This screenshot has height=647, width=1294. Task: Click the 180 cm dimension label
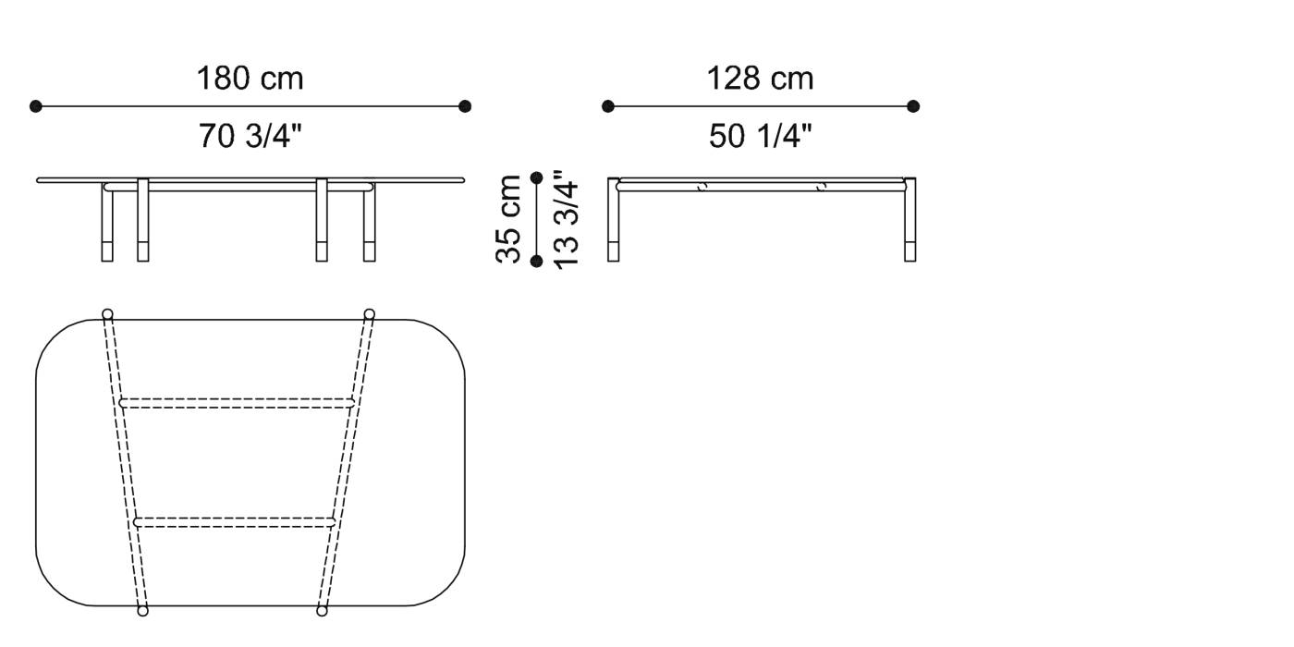coord(250,79)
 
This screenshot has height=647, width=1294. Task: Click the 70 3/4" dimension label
coord(250,137)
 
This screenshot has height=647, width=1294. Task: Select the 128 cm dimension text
coord(760,79)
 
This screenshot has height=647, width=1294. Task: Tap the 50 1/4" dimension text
coord(760,137)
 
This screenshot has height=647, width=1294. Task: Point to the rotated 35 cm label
coord(510,220)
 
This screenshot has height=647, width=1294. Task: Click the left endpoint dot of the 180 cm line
coord(36,106)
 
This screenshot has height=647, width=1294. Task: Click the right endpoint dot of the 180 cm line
coord(465,106)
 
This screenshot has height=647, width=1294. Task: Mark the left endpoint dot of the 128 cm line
coord(607,106)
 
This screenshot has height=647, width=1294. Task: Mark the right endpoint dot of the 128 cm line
coord(913,106)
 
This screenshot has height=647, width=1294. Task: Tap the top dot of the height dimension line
coord(537,177)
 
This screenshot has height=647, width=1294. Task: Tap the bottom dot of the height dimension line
coord(537,262)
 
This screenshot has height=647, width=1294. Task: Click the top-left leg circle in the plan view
coord(107,313)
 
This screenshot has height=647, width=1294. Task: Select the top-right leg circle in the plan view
coord(370,313)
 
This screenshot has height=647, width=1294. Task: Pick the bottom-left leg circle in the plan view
coord(142,611)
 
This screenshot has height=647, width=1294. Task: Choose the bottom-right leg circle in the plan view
coord(322,611)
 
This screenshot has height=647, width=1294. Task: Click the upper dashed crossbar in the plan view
coord(237,403)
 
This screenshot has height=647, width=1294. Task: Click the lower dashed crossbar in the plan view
coord(235,522)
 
